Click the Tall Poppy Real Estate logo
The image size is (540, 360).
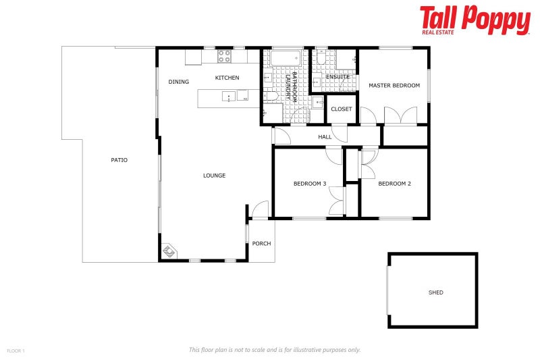[475, 20]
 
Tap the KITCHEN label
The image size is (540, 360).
[227, 78]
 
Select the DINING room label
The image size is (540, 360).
[179, 82]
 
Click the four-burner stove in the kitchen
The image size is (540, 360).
[225, 55]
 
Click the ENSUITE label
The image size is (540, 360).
[337, 76]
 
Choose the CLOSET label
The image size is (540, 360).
[342, 109]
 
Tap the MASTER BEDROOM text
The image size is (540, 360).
[394, 86]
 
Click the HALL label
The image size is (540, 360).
[325, 136]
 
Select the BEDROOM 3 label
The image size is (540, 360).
[310, 184]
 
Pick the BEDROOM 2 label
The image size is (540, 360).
[394, 184]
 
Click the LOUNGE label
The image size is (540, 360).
[214, 176]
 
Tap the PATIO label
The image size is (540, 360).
[119, 160]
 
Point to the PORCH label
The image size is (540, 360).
[261, 243]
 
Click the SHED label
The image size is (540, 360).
[436, 292]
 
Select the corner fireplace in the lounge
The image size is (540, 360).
[169, 252]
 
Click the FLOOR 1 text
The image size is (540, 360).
[16, 351]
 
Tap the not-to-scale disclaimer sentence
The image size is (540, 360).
[274, 350]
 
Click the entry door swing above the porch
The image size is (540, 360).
[259, 210]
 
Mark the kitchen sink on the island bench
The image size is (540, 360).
[230, 97]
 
